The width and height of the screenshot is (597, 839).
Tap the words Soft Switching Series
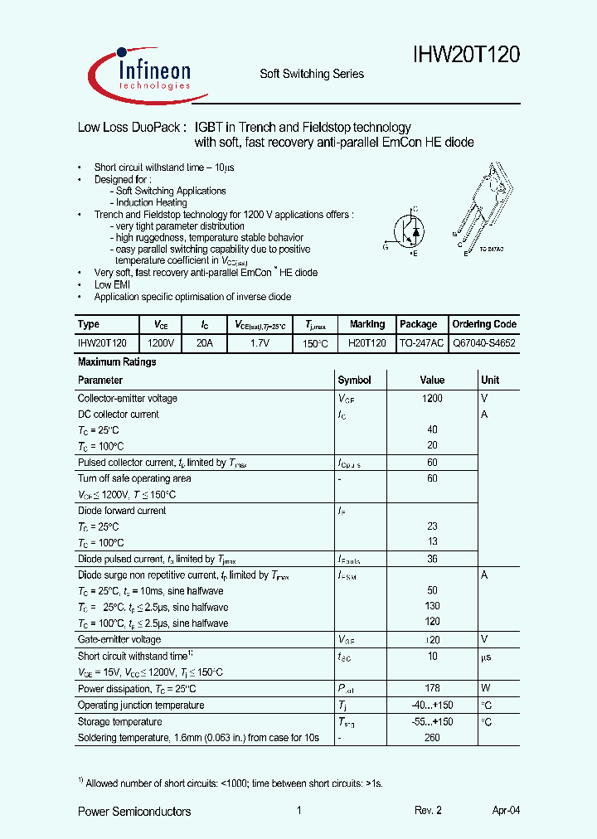click(312, 74)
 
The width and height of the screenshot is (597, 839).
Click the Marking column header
click(366, 324)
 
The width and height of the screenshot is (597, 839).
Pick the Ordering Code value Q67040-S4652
click(484, 342)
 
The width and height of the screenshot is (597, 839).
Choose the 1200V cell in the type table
click(161, 342)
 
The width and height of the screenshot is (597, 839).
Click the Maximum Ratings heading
click(117, 362)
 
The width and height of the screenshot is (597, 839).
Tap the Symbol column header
click(354, 381)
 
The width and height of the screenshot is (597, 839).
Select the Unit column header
click(490, 381)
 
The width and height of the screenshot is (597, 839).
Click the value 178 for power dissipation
click(432, 689)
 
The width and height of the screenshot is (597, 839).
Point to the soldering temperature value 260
click(432, 738)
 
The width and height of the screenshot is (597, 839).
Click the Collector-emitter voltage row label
click(127, 399)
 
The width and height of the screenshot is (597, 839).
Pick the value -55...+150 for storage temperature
click(432, 722)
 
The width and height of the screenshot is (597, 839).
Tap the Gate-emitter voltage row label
click(119, 640)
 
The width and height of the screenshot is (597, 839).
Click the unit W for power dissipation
click(486, 689)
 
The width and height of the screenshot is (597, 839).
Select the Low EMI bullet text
click(112, 285)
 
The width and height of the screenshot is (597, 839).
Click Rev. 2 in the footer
click(429, 812)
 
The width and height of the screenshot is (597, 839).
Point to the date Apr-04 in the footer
click(506, 812)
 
